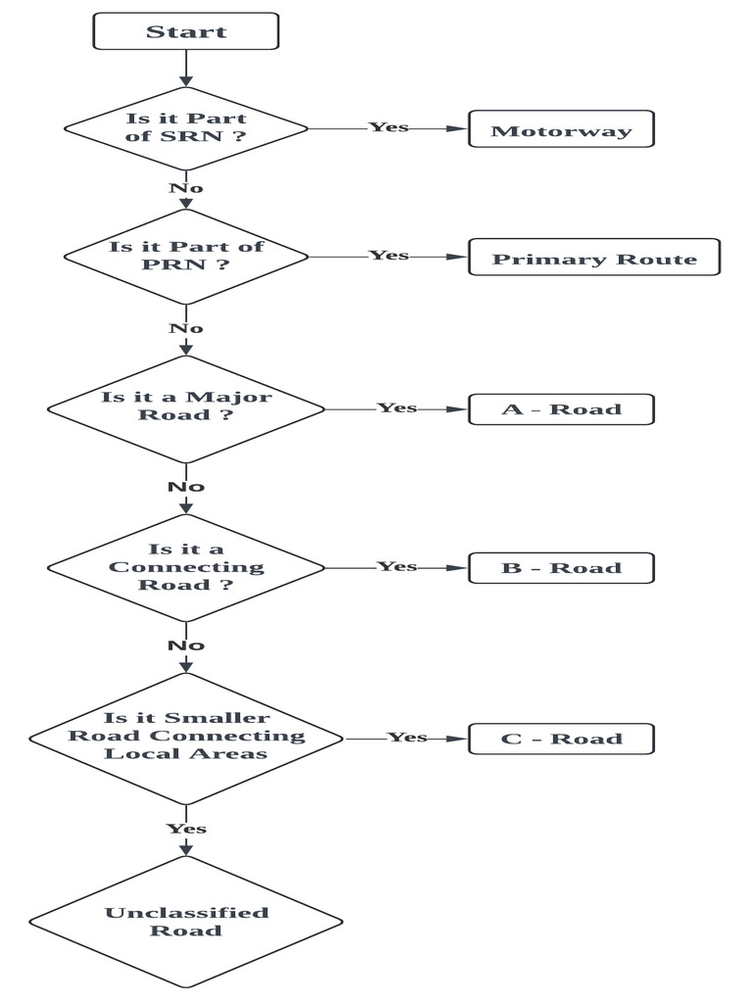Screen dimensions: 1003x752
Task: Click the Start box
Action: point(186,31)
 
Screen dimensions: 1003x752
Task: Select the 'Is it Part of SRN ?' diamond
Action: point(186,128)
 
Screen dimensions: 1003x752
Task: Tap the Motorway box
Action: point(561,130)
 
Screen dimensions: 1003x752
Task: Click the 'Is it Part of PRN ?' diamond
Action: point(186,256)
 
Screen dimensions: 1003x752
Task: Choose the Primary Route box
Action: point(594,259)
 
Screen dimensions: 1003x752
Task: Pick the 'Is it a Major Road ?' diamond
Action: point(186,406)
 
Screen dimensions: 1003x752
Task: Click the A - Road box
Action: point(561,408)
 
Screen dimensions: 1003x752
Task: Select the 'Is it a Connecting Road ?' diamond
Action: point(186,567)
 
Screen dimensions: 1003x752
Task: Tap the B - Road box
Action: point(561,568)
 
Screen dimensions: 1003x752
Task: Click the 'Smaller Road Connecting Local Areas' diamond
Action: point(186,736)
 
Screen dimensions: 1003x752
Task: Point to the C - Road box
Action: point(561,738)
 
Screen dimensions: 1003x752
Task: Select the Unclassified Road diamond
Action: point(186,921)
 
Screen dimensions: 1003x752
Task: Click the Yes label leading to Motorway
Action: point(389,127)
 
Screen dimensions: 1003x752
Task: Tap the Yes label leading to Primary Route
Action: point(389,256)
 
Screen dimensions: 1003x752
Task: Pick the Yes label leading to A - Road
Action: point(398,407)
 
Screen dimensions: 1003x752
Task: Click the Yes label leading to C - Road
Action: point(407,737)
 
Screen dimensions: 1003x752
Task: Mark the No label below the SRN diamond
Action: point(185,187)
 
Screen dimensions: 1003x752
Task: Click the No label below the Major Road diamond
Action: point(185,487)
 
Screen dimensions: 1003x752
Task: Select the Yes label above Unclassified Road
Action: point(186,829)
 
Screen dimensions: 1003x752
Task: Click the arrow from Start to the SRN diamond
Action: point(185,69)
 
